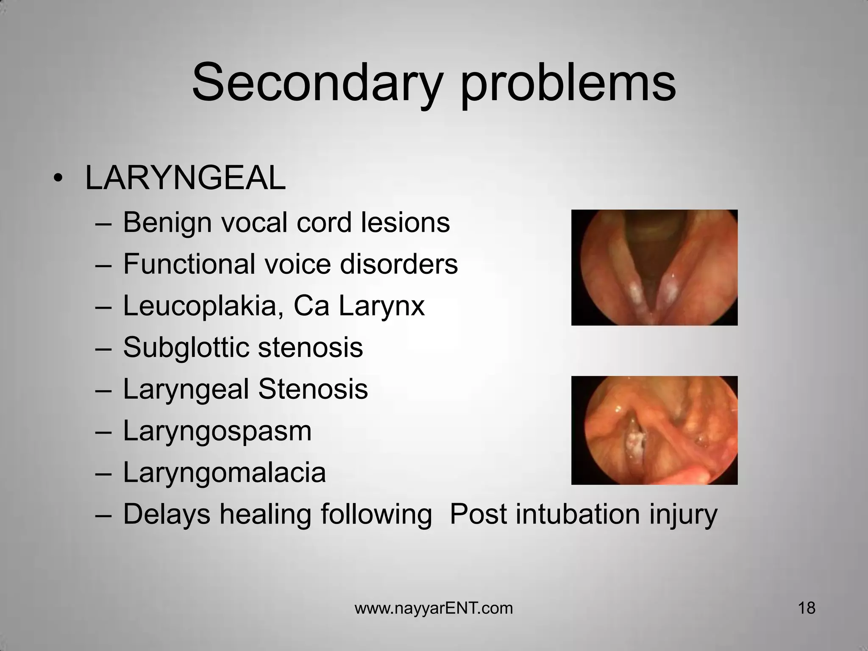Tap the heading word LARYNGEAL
[185, 178]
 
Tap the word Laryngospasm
[217, 431]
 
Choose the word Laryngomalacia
[224, 473]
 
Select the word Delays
[167, 514]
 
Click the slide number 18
[807, 608]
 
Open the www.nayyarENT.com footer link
[434, 608]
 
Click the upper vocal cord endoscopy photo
[654, 267]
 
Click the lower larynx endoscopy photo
[654, 430]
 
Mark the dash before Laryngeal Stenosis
[104, 390]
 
